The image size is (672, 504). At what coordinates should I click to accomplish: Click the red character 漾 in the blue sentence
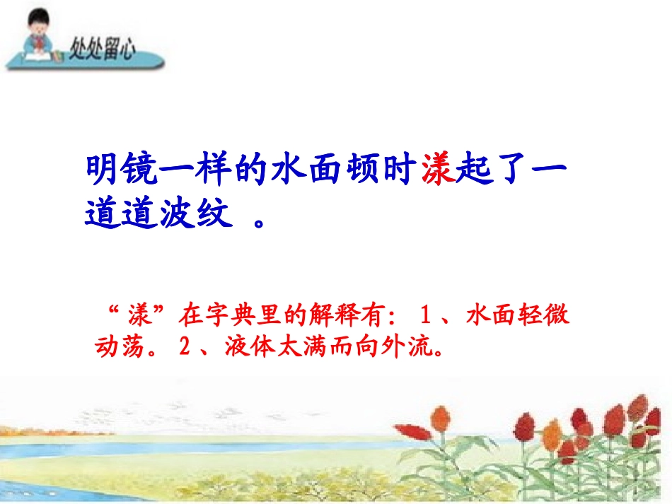click(x=438, y=172)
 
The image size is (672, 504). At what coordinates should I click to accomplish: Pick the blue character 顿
click(x=366, y=172)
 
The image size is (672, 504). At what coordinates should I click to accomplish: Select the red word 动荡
click(x=115, y=347)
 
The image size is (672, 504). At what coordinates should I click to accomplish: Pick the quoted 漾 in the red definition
click(x=139, y=316)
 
